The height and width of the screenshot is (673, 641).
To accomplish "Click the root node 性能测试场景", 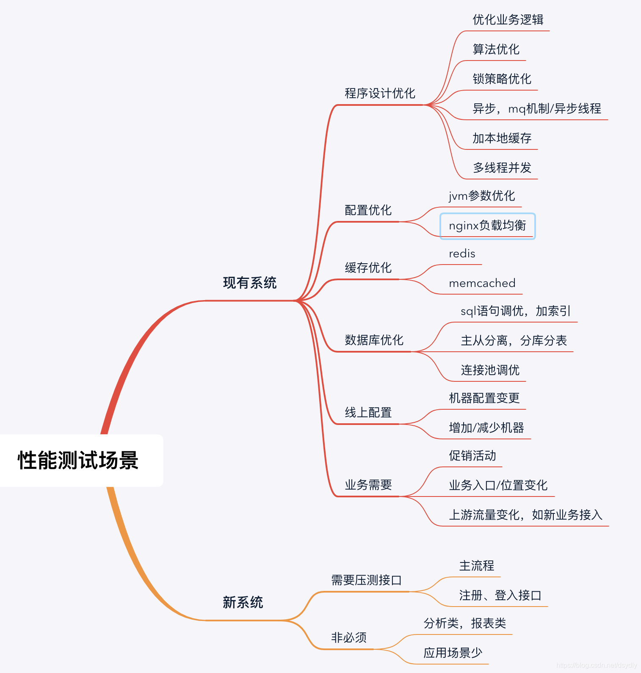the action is (78, 461).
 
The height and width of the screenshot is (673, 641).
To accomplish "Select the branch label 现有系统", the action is (250, 283).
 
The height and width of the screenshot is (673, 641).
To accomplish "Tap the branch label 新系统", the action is (243, 602).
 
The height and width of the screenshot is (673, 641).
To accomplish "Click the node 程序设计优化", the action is (380, 94).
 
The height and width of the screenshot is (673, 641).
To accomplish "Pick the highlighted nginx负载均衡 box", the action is (487, 226).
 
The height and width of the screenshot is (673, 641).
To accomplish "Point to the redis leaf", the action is (462, 254).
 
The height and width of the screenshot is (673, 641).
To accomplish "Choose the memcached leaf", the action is (482, 283).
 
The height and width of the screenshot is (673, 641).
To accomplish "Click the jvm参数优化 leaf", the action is (482, 196).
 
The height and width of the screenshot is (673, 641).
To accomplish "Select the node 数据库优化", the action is (374, 340).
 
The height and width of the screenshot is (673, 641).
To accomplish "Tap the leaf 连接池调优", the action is (490, 370).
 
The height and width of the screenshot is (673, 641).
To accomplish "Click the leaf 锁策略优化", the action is (502, 79).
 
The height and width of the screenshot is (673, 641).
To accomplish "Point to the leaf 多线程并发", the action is (502, 168).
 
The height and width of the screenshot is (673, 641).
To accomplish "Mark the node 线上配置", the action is (368, 412).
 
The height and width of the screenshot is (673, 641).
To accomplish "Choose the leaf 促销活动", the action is (472, 456).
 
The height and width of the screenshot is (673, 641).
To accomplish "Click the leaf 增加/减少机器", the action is (486, 428).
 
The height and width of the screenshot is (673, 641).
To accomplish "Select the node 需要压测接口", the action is (366, 580).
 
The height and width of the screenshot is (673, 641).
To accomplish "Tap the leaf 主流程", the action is (477, 566).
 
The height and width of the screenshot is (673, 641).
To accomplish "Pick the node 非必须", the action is (349, 637).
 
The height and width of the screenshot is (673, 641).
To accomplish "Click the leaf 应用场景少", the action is (453, 653).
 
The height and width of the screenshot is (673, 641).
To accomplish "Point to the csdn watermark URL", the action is (596, 665).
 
